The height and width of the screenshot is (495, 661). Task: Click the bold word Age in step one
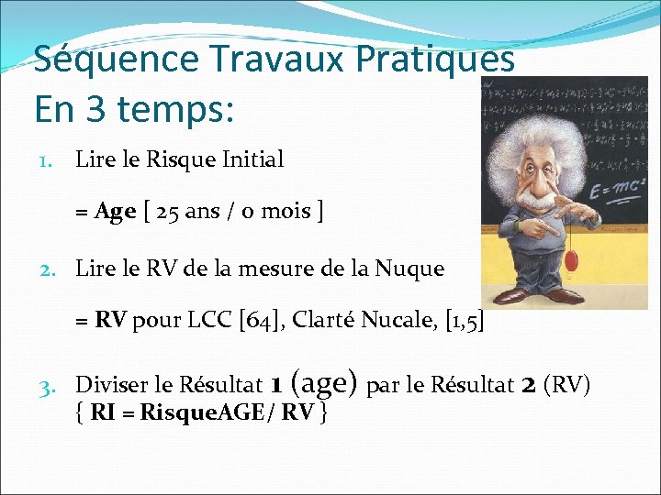(x=116, y=212)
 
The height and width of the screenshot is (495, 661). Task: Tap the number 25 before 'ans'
(x=168, y=212)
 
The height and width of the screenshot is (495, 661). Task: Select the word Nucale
(x=401, y=322)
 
